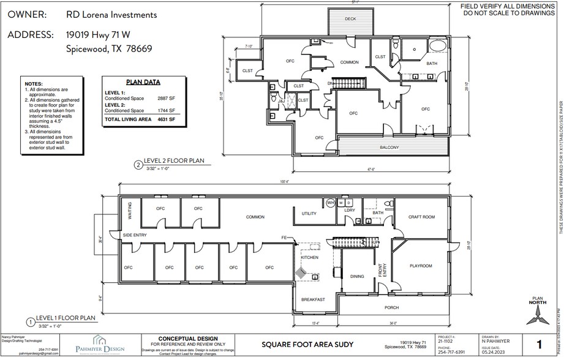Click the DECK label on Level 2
pos(350,19)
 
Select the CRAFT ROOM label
pos(421,217)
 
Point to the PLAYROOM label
pos(421,266)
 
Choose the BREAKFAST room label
pos(312,299)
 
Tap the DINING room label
pos(357,277)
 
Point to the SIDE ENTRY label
pos(135,235)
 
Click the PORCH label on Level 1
pos(392,307)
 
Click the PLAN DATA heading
pos(143,81)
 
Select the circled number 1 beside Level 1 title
pos(29,321)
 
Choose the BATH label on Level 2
pos(432,64)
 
